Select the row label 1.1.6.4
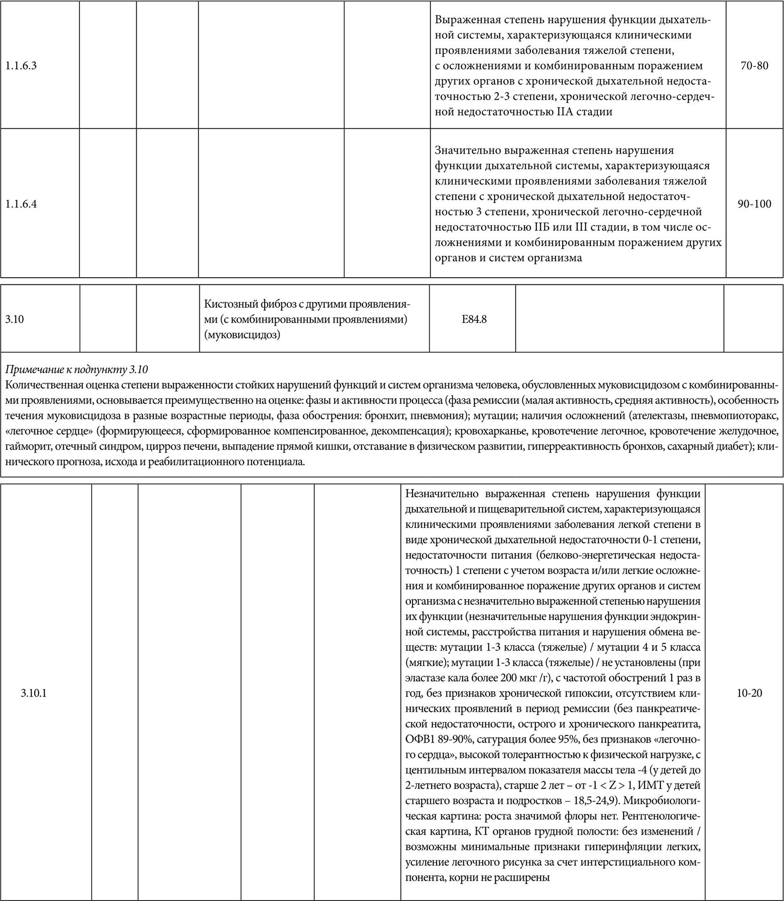pos(21,204)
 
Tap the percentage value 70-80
pos(754,66)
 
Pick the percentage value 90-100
pos(754,204)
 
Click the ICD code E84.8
pos(474,320)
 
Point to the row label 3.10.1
pos(34,693)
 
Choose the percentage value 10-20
pos(750,693)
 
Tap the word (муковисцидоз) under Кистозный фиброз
pos(242,335)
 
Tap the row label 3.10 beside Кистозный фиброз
pos(15,320)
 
